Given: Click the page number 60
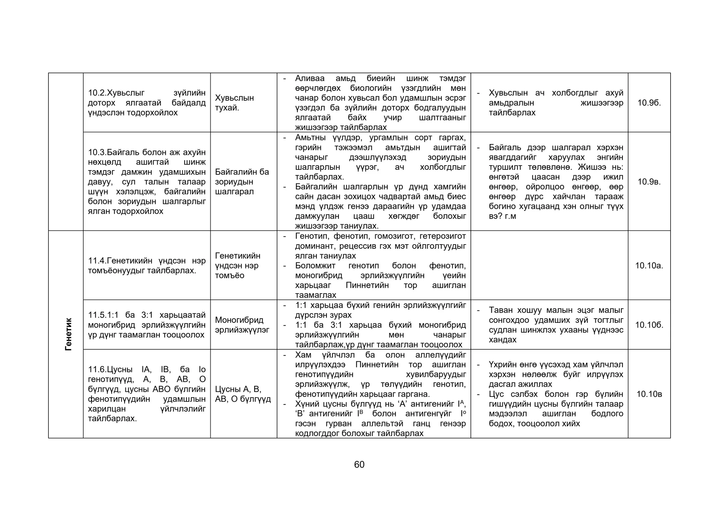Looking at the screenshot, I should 359,464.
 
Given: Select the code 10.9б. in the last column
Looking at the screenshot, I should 649,103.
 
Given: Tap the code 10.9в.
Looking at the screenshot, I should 649,182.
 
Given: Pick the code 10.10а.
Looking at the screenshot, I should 649,266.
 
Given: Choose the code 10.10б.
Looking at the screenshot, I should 649,325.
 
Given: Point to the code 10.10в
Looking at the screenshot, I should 649,394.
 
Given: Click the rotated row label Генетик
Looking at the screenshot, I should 68,334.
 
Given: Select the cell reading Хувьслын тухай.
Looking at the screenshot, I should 234,103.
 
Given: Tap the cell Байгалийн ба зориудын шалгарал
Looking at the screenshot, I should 242,182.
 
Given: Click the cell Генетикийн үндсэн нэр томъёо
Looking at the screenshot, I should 238,266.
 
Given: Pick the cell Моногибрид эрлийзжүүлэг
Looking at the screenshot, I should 242,325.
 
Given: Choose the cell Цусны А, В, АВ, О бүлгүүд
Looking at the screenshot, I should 243,394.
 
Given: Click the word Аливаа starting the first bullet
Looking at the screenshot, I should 310,79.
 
